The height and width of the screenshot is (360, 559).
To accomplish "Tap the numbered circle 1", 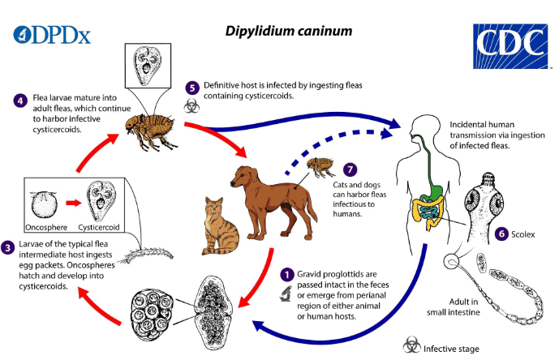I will (x=286, y=276).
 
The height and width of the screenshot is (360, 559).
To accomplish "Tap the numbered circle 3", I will (x=8, y=247).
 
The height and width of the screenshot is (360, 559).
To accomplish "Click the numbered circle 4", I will (x=21, y=101).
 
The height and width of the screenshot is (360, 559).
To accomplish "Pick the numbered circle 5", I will (x=191, y=88).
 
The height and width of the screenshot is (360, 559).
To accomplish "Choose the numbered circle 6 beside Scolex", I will (x=501, y=234).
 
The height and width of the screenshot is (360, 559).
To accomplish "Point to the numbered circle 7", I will (x=350, y=169).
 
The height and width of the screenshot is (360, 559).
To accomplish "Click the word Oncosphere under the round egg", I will (x=46, y=228).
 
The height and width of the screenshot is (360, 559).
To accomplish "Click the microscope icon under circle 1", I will (x=286, y=294).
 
